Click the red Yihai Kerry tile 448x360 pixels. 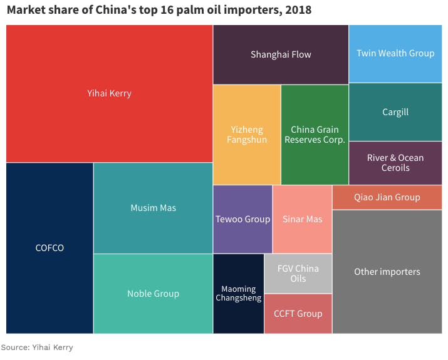[x=109, y=94]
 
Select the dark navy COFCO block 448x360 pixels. [x=49, y=248]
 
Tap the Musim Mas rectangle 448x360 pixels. [x=153, y=208]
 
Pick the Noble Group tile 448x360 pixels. [x=153, y=294]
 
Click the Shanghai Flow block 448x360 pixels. [x=281, y=54]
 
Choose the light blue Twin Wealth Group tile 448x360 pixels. [x=395, y=54]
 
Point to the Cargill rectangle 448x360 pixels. [x=395, y=112]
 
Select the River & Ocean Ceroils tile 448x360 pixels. [x=395, y=163]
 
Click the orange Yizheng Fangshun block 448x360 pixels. [x=247, y=135]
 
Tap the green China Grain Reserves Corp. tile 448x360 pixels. [x=315, y=135]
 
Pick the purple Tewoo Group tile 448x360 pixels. [x=242, y=219]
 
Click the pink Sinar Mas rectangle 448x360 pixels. [x=302, y=219]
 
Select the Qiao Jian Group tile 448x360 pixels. [x=387, y=197]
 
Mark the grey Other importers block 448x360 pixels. [x=387, y=272]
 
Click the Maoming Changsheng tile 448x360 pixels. [x=238, y=294]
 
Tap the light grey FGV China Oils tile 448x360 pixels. [x=298, y=274]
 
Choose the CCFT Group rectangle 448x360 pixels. [x=298, y=314]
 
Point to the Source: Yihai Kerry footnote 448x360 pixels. [x=37, y=347]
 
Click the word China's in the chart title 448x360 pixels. [x=115, y=11]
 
